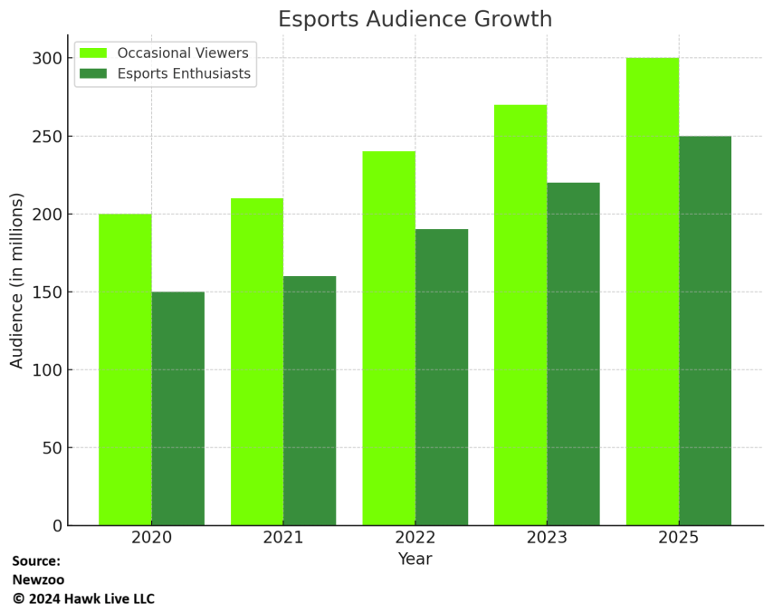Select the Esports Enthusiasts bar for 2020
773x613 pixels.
click(x=178, y=408)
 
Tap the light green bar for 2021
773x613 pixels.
click(x=257, y=362)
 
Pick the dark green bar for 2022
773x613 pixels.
click(x=442, y=377)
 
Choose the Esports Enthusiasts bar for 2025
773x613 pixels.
click(x=705, y=330)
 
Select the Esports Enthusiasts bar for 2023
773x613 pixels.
click(x=573, y=354)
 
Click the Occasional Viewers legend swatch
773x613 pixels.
click(x=93, y=53)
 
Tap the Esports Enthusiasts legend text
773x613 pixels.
click(x=184, y=74)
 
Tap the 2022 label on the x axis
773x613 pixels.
click(x=415, y=538)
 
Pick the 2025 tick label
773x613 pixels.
click(x=679, y=538)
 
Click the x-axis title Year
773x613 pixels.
click(x=415, y=560)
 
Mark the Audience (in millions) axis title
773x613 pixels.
click(x=17, y=280)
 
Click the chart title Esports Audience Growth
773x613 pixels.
click(x=415, y=19)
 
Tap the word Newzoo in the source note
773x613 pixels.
click(x=38, y=579)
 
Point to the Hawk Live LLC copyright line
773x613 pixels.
click(x=83, y=599)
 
